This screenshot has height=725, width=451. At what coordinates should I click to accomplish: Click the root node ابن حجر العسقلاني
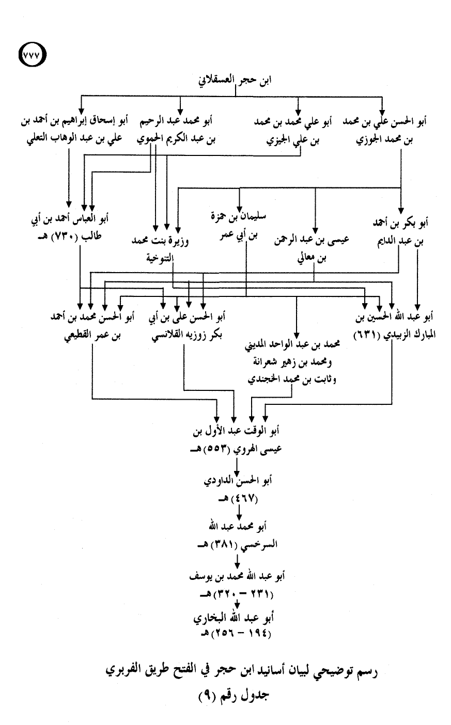[235, 80]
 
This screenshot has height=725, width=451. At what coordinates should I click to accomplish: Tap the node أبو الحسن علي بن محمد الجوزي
[385, 131]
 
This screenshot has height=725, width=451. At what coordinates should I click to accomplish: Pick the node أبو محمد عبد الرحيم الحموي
[176, 130]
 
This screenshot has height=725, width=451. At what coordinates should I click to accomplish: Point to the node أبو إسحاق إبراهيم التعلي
[74, 130]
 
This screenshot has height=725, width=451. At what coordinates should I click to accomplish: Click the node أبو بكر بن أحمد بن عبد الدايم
[400, 232]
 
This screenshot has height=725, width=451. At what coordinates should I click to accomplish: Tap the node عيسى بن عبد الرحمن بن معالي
[312, 249]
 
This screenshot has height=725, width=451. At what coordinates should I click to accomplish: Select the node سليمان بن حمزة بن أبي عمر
[238, 226]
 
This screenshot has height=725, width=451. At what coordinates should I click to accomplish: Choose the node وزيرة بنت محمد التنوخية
[160, 250]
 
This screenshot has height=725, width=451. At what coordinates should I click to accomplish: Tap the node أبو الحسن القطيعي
[92, 326]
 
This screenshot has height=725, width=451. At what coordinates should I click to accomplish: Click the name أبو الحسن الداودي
[238, 480]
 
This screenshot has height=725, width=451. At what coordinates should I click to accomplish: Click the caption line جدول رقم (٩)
[234, 694]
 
